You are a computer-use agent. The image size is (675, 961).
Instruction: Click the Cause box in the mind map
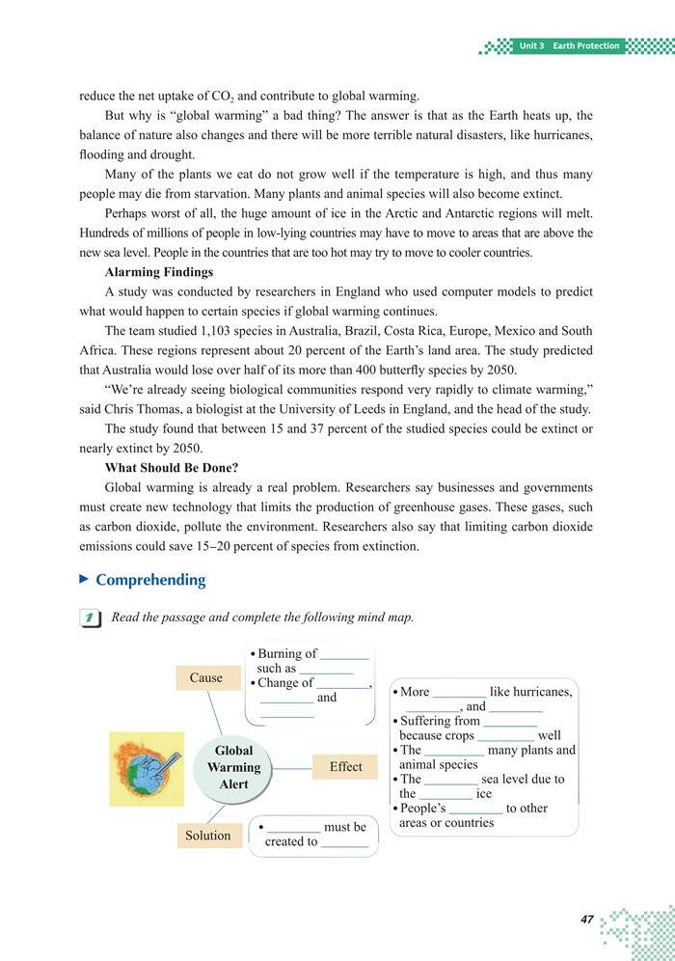(x=206, y=678)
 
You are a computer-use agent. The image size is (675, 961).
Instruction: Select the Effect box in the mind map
(x=345, y=767)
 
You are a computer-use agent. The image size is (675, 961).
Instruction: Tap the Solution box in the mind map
(x=208, y=836)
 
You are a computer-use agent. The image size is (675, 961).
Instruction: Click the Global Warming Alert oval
(x=233, y=767)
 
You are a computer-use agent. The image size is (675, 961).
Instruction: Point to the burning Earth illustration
(x=147, y=769)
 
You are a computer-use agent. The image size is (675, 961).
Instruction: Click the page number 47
(x=586, y=920)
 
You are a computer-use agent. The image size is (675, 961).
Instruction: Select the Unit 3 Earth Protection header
(x=569, y=45)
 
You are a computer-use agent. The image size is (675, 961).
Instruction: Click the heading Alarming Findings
(x=159, y=273)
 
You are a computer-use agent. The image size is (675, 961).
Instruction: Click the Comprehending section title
(x=150, y=580)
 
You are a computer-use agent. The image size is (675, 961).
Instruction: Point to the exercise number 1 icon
(x=91, y=618)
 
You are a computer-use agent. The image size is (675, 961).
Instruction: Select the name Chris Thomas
(x=149, y=409)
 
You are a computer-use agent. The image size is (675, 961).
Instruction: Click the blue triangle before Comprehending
(x=84, y=579)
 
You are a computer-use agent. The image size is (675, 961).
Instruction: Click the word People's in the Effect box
(x=422, y=809)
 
